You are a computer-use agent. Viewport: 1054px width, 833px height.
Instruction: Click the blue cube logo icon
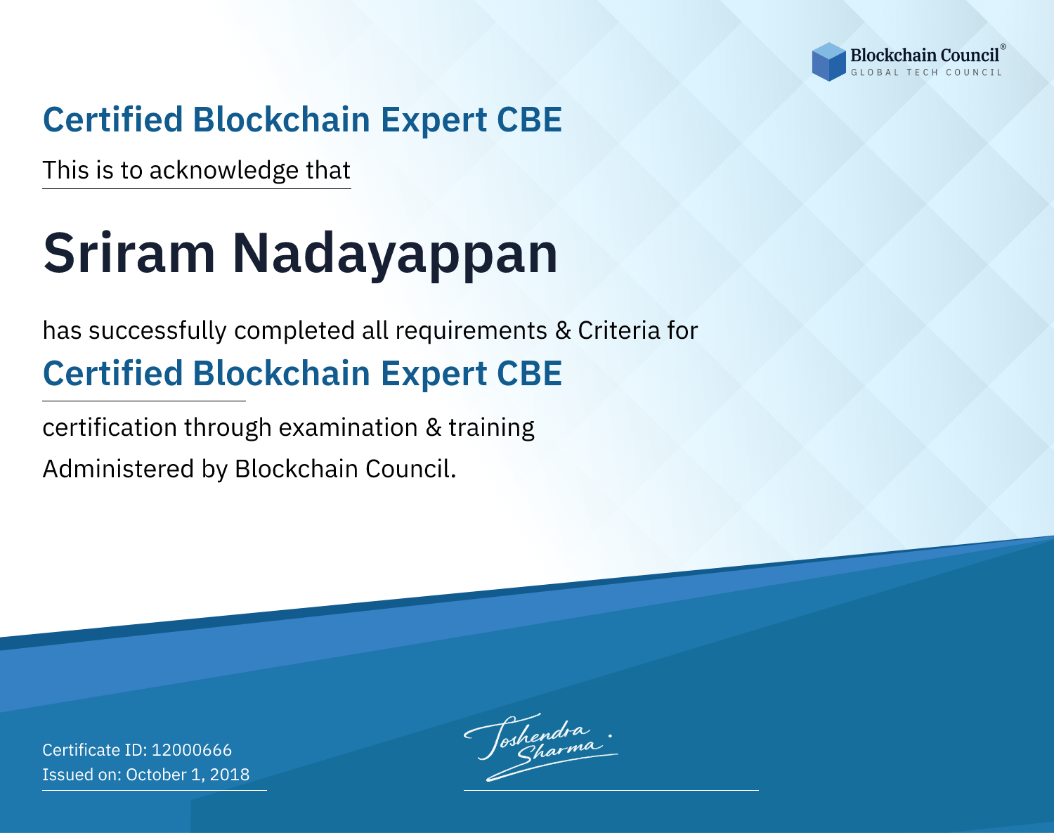pyautogui.click(x=828, y=62)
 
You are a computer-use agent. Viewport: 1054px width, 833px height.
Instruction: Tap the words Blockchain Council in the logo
pyautogui.click(x=925, y=55)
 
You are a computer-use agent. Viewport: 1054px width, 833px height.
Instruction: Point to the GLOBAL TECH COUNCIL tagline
pyautogui.click(x=927, y=72)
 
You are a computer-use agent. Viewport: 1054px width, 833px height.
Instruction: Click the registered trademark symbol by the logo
pyautogui.click(x=1003, y=46)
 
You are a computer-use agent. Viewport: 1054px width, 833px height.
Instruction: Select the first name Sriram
pyautogui.click(x=129, y=253)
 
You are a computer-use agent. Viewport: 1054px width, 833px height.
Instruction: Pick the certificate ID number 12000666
pyautogui.click(x=192, y=749)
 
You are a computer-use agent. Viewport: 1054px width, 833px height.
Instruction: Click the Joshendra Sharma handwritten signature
pyautogui.click(x=540, y=747)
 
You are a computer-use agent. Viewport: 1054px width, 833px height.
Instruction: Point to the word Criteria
pyautogui.click(x=618, y=330)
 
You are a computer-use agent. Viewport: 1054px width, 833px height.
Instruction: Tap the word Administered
pyautogui.click(x=118, y=468)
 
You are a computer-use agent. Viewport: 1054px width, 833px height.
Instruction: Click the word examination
pyautogui.click(x=349, y=427)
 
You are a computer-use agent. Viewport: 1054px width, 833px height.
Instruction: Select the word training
pyautogui.click(x=491, y=428)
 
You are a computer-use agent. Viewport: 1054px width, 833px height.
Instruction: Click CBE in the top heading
pyautogui.click(x=529, y=120)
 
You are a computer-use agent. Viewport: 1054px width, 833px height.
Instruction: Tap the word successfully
pyautogui.click(x=157, y=331)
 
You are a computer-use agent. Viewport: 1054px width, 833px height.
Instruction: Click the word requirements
pyautogui.click(x=471, y=331)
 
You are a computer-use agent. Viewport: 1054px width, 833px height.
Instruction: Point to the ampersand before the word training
pyautogui.click(x=434, y=427)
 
